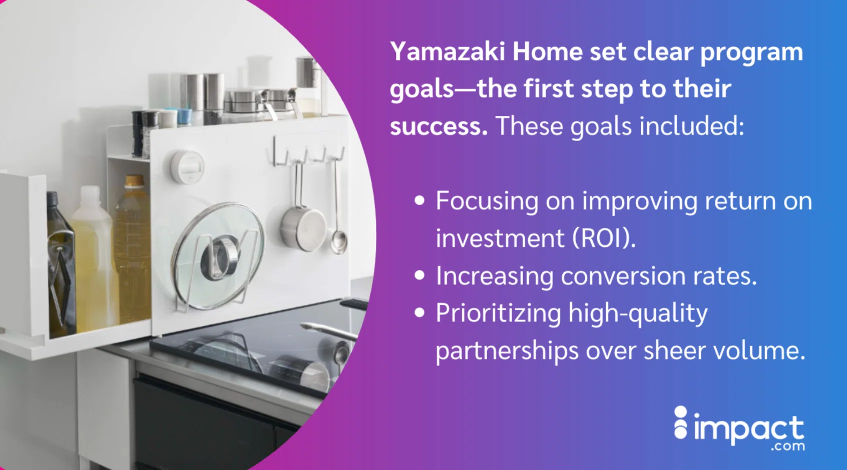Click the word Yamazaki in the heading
[448, 52]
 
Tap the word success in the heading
[439, 126]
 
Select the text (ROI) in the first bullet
[604, 238]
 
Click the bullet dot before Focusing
[419, 200]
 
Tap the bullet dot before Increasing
[419, 275]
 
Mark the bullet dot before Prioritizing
[419, 313]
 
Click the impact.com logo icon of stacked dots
[681, 423]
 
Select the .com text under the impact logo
[789, 446]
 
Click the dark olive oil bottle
[61, 264]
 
